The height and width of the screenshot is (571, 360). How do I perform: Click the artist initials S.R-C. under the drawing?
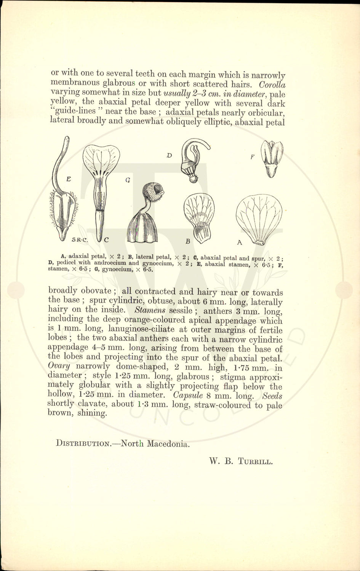(80, 240)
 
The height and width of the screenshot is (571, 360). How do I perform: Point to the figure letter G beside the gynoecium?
(128, 180)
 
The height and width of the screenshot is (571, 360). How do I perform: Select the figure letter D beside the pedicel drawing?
(170, 155)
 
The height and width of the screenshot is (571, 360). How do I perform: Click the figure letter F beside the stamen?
(252, 156)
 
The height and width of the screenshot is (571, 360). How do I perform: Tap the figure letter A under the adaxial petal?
(240, 242)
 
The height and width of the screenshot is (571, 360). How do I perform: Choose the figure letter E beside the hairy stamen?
(69, 179)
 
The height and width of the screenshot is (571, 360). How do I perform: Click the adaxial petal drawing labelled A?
(259, 219)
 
